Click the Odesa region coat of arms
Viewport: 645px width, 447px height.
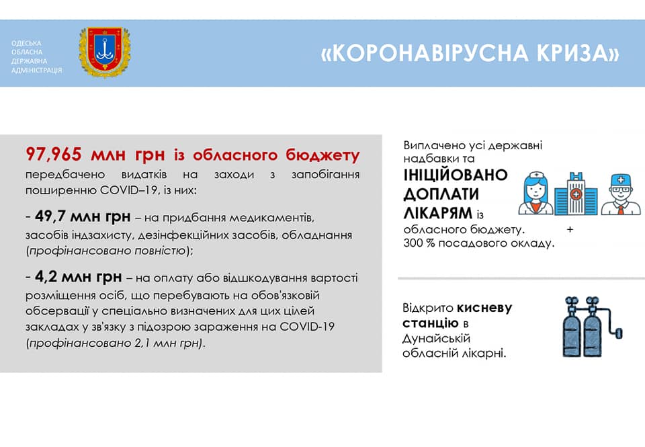tap(105, 52)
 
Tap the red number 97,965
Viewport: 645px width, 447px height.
tap(54, 155)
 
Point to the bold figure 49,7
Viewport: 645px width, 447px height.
tap(50, 216)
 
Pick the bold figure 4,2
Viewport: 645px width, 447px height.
tap(46, 277)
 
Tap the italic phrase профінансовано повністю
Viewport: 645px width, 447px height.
tap(107, 251)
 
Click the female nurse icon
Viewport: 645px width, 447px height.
tap(535, 193)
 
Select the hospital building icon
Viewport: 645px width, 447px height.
tap(576, 194)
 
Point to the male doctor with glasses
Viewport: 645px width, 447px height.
tap(621, 194)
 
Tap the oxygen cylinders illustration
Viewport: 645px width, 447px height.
tap(591, 327)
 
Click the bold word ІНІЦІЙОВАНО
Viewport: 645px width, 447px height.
tap(456, 175)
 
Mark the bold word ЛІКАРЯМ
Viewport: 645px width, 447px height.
tap(437, 213)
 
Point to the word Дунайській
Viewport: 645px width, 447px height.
tap(436, 339)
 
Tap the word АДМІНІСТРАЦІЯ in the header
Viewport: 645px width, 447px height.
tap(36, 71)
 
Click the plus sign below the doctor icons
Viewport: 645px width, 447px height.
tap(570, 229)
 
